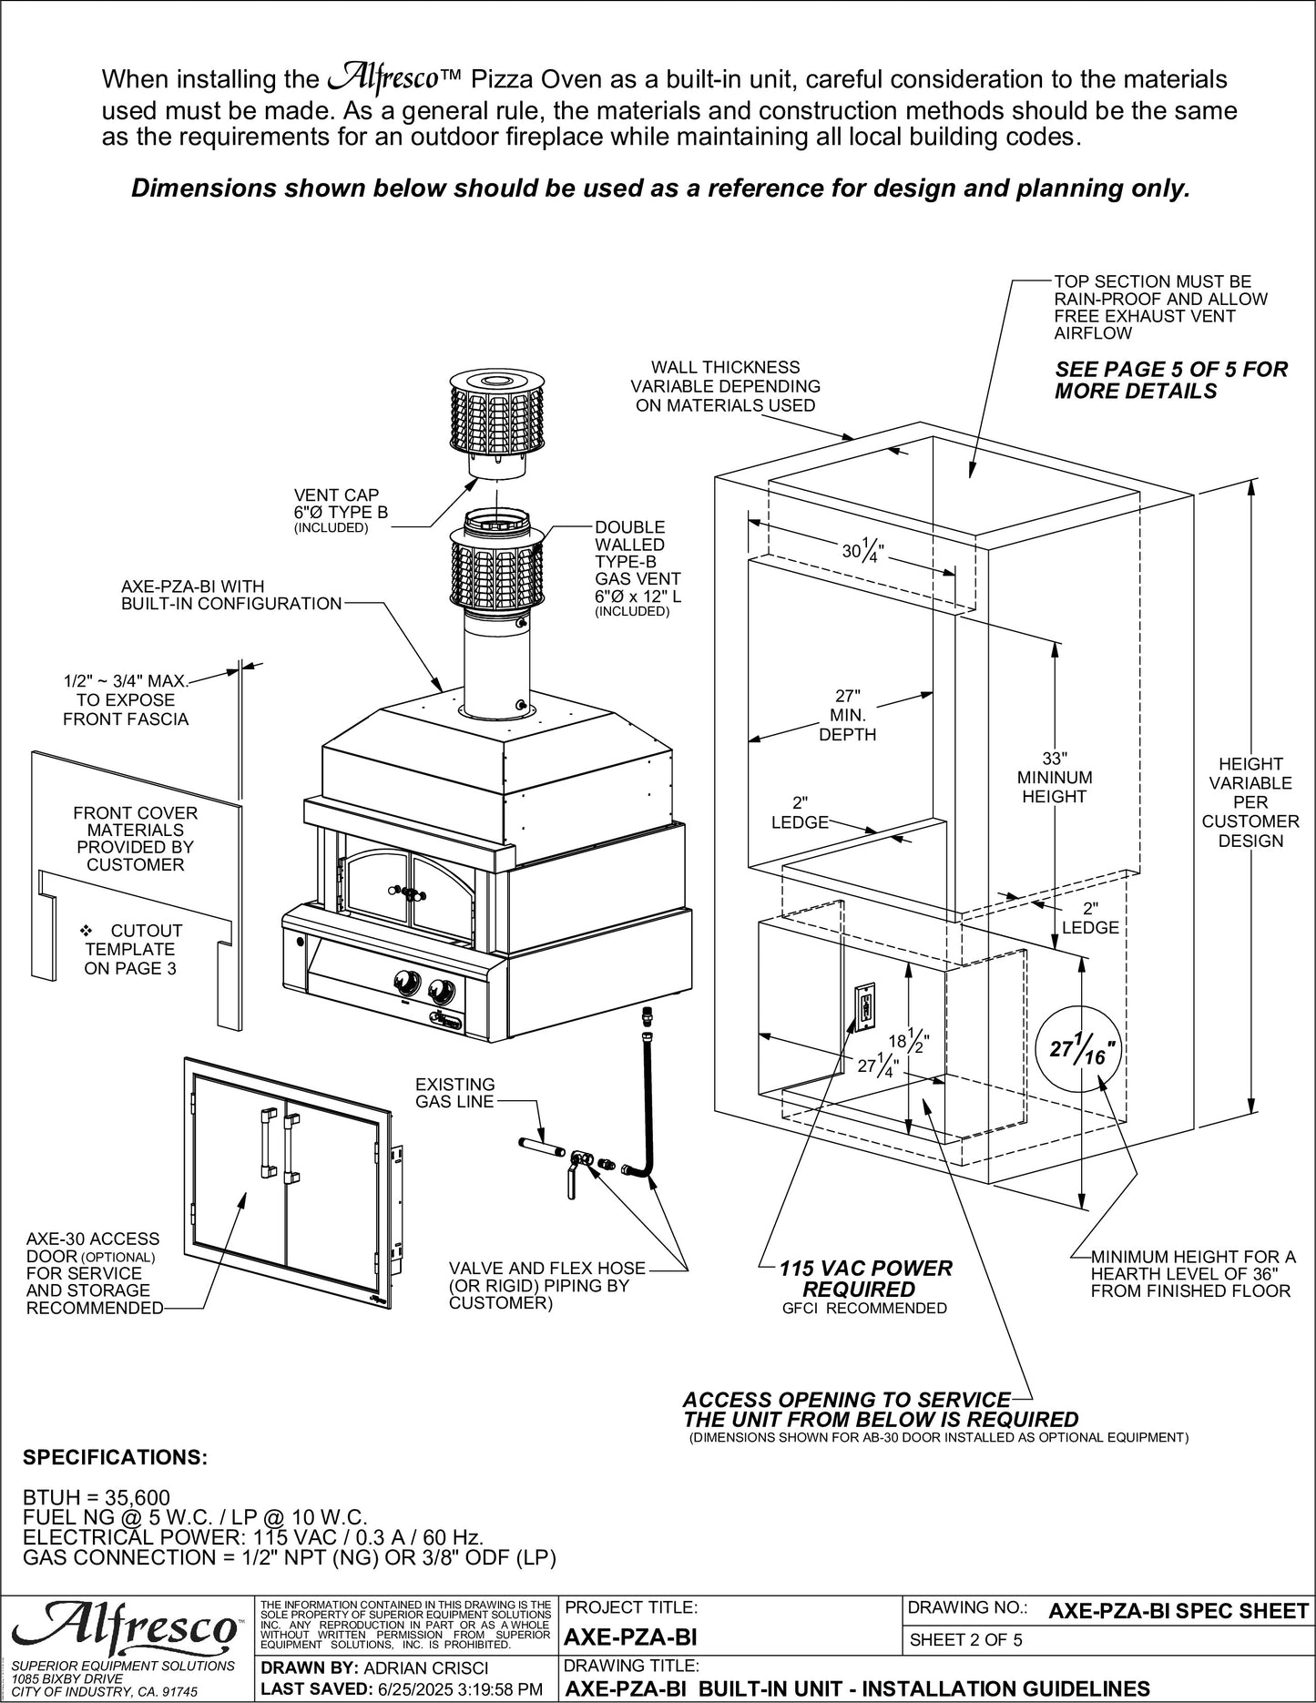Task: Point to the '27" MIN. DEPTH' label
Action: [x=847, y=715]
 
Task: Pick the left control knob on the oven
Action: [x=403, y=983]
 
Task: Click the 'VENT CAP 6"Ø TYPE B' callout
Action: [x=341, y=512]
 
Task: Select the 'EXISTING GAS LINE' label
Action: [x=454, y=1093]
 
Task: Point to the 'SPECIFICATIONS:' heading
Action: [x=115, y=1457]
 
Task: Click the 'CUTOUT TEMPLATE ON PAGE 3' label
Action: [x=133, y=949]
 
